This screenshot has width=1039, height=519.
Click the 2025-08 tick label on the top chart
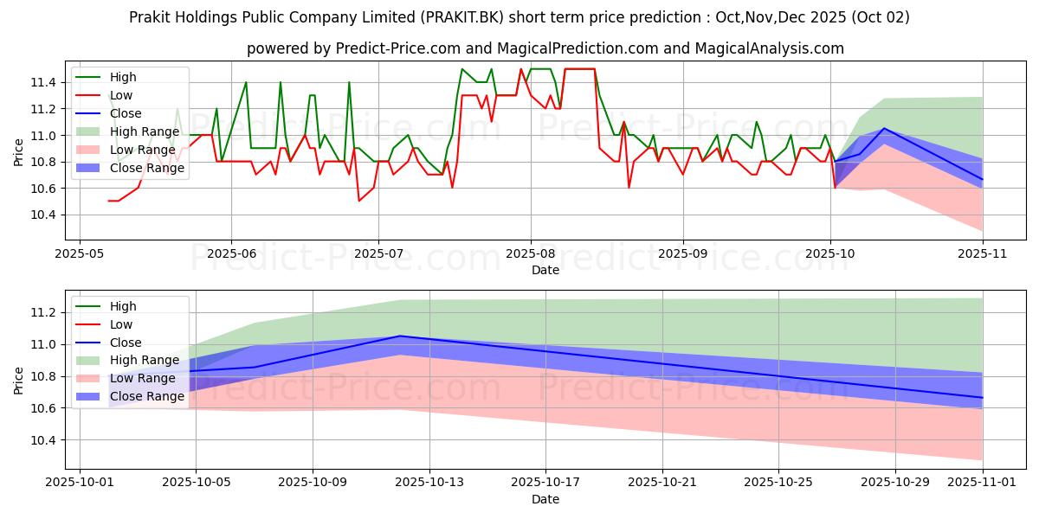point(530,254)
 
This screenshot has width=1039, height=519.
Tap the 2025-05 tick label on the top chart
point(80,254)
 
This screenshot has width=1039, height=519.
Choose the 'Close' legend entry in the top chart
point(126,113)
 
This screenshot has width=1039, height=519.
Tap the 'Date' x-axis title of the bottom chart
point(545,499)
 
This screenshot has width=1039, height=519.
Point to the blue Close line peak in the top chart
point(884,128)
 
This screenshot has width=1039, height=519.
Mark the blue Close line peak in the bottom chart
point(400,336)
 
